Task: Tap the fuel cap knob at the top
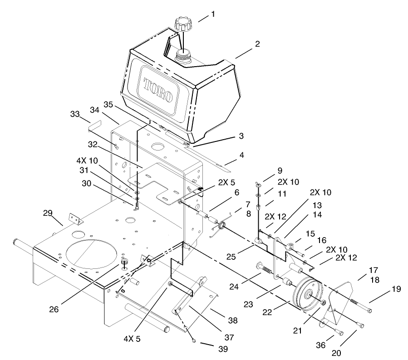[182, 24]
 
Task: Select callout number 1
[213, 14]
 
